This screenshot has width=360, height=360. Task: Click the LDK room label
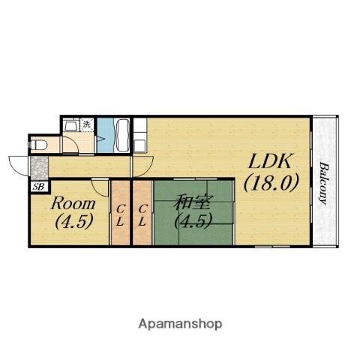click(270, 161)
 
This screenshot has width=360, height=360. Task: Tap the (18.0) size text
click(271, 183)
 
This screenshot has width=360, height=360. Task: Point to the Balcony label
click(323, 184)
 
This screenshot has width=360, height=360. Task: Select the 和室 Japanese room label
click(192, 202)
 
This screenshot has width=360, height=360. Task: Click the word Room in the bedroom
click(73, 203)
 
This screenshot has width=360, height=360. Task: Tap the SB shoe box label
click(39, 187)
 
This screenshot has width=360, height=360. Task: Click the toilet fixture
click(38, 145)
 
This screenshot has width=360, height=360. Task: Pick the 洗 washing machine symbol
click(87, 124)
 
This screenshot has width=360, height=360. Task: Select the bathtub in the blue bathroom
click(122, 135)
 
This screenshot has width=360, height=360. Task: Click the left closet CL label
click(120, 215)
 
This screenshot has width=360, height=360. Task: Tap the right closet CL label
click(142, 215)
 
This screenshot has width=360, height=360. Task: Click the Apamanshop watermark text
click(180, 324)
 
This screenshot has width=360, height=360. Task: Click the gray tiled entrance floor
click(39, 167)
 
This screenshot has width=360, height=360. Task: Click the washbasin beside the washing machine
click(71, 124)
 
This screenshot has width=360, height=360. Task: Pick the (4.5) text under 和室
click(193, 220)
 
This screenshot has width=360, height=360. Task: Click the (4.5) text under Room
click(74, 221)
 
